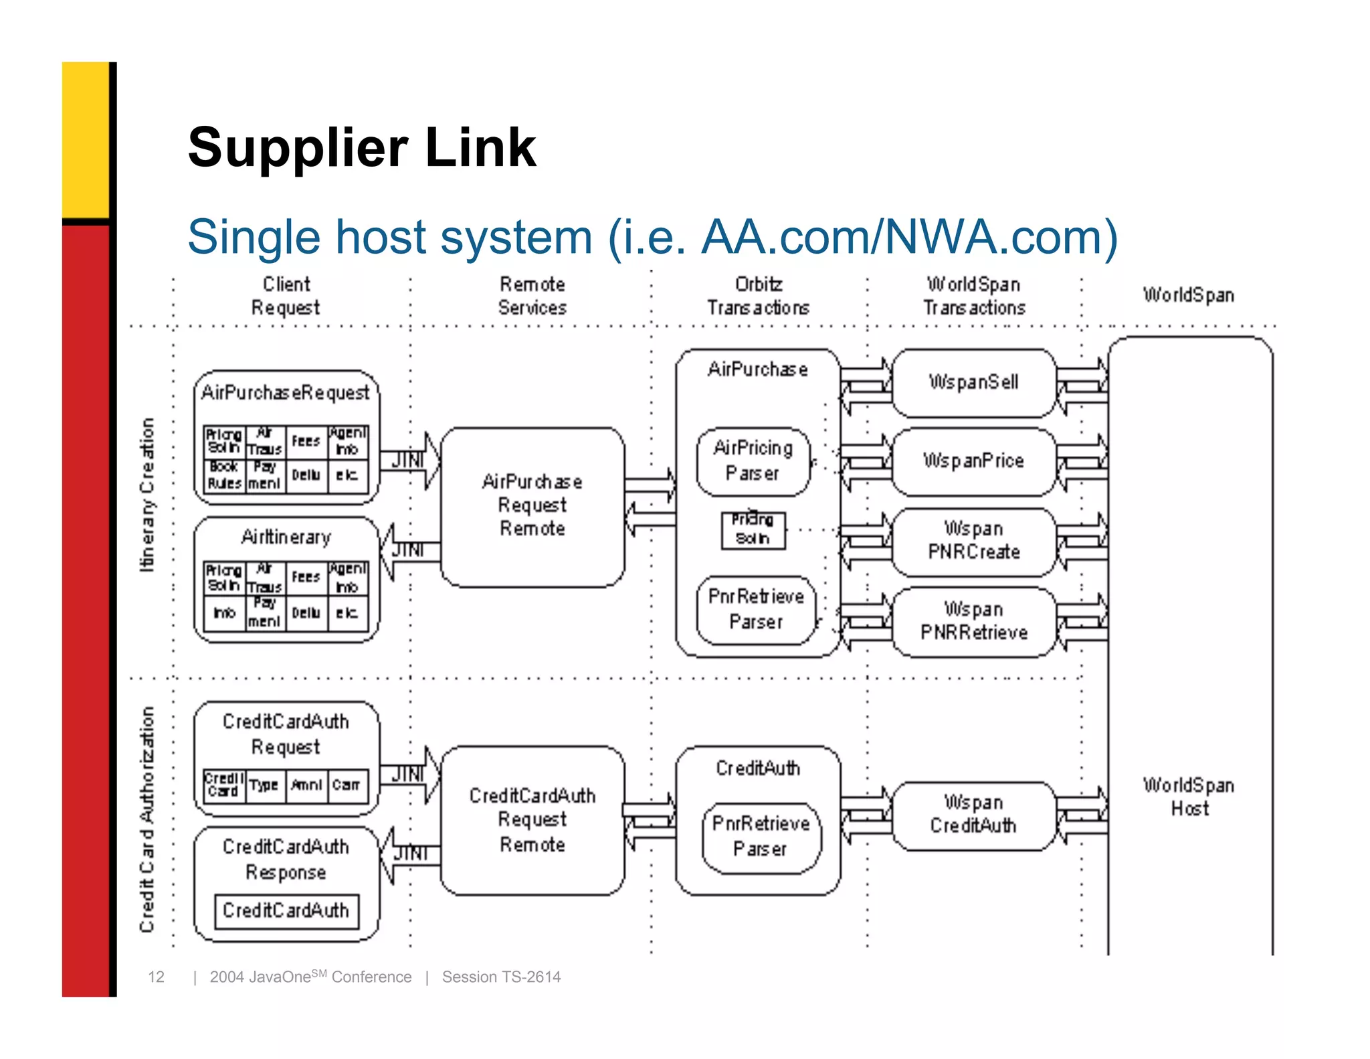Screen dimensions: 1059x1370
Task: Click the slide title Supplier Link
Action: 361,147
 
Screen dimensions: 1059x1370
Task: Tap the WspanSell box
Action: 973,382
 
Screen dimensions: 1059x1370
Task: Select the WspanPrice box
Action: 973,461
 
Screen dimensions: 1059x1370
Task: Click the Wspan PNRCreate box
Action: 973,541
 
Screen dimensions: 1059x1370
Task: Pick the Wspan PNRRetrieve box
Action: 973,621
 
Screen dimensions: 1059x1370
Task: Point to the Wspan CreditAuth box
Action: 973,815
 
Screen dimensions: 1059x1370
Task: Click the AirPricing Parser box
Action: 753,461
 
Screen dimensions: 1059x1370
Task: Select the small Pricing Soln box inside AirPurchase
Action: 753,529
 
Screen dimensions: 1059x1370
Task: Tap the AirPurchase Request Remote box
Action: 532,505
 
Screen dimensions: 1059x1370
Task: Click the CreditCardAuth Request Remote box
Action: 532,820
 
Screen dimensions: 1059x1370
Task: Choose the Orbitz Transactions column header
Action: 759,296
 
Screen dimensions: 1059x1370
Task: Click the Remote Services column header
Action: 532,296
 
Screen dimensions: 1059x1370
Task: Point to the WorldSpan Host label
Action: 1189,797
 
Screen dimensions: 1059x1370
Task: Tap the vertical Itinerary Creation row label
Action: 147,495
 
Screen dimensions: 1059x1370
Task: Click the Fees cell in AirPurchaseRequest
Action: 306,441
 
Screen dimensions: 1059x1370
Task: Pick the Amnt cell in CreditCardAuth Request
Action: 306,785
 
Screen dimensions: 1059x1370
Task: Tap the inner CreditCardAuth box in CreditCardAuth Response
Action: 286,910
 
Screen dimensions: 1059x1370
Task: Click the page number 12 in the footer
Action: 156,977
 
